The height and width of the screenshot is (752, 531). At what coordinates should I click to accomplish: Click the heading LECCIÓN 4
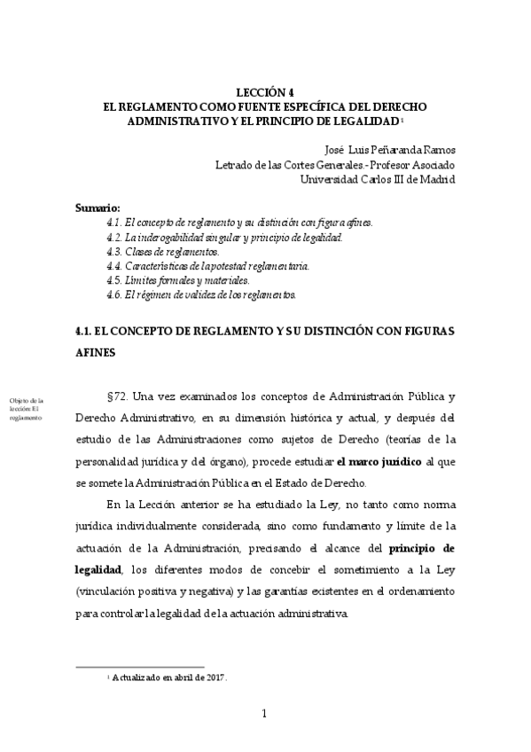(265, 91)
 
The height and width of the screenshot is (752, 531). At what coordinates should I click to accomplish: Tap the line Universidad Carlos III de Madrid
(378, 178)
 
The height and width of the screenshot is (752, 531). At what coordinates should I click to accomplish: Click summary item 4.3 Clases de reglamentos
(156, 251)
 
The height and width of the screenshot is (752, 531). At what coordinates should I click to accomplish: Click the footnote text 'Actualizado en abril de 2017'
(169, 678)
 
